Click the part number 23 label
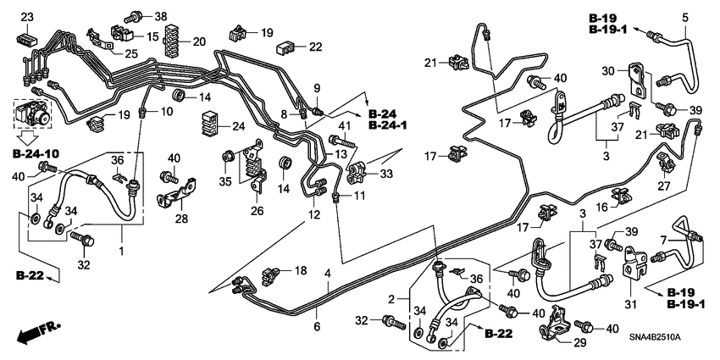coord(26,18)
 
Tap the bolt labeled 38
coord(136,15)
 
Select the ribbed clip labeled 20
coord(177,40)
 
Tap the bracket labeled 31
coord(635,269)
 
